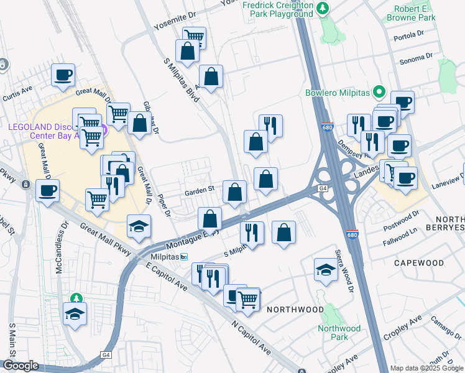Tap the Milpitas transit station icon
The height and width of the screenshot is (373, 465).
point(183,257)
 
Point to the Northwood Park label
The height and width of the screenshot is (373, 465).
point(339,333)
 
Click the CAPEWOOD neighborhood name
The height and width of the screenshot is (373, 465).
point(419,263)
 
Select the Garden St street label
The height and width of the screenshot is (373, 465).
point(199,190)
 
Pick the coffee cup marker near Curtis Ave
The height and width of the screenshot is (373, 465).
point(63,76)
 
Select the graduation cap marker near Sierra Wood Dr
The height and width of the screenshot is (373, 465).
point(325,270)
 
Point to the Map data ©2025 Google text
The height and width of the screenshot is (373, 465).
point(426,368)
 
